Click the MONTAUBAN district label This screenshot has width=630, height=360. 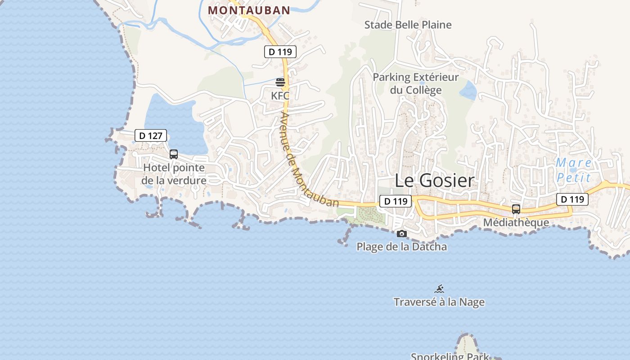tap(249, 10)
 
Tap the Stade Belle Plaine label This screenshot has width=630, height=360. tap(408, 25)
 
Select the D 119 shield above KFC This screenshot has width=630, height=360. tap(280, 52)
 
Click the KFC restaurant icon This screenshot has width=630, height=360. tap(280, 82)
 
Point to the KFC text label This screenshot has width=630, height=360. tap(280, 95)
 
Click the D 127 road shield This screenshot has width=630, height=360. tap(151, 135)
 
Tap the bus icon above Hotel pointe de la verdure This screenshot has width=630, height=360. tap(174, 154)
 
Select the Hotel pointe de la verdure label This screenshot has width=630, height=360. tap(174, 174)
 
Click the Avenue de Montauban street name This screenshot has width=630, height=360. tap(309, 159)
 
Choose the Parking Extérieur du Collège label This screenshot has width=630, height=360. tap(416, 83)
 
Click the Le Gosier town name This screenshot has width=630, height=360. tap(434, 180)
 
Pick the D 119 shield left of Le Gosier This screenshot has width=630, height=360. tap(396, 201)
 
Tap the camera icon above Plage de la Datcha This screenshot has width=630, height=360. tap(402, 234)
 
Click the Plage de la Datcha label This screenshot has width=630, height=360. tap(402, 247)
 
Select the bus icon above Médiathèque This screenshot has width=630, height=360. tap(516, 209)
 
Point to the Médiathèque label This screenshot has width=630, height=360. tap(516, 222)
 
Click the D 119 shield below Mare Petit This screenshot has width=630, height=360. tap(572, 199)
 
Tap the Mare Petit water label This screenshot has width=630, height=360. tap(573, 170)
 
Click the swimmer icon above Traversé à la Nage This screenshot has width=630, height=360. tap(439, 289)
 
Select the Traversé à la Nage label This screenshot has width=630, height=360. tap(439, 302)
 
